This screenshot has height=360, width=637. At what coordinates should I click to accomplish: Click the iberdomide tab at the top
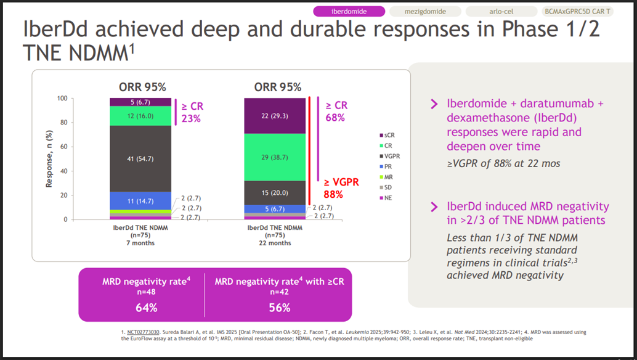tap(349, 11)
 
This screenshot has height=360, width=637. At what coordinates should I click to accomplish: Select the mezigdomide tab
tap(424, 11)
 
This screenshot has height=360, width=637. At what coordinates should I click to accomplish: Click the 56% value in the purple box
tap(278, 307)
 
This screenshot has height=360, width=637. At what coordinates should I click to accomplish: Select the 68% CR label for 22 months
tap(336, 118)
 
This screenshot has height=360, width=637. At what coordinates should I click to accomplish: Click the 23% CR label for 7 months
tap(191, 119)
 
